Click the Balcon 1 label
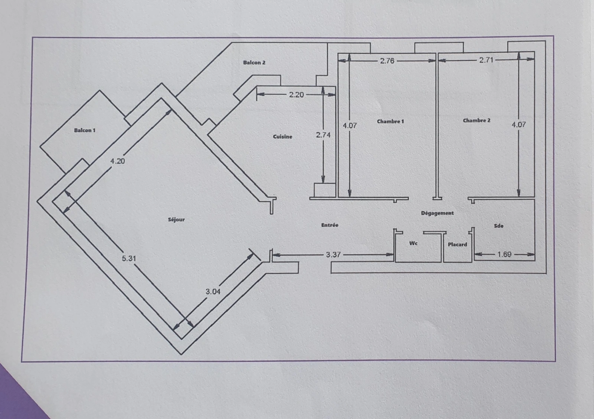(x=85, y=130)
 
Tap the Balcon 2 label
(x=254, y=63)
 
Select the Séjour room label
(x=176, y=220)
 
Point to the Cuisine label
(x=283, y=137)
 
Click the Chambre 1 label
(x=390, y=121)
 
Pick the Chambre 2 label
(x=477, y=120)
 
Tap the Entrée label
(x=330, y=225)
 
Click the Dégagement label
(x=437, y=213)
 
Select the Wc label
(x=414, y=243)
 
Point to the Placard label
(x=457, y=244)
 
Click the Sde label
(x=499, y=226)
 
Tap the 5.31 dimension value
(x=129, y=258)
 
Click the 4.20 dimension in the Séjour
(x=117, y=161)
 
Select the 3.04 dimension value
(x=213, y=292)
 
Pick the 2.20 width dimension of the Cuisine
(x=296, y=95)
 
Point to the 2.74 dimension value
(x=323, y=135)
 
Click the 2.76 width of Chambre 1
(x=387, y=61)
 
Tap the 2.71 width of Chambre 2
(x=486, y=60)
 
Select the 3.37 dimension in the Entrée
(x=333, y=255)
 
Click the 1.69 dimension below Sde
(x=505, y=254)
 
